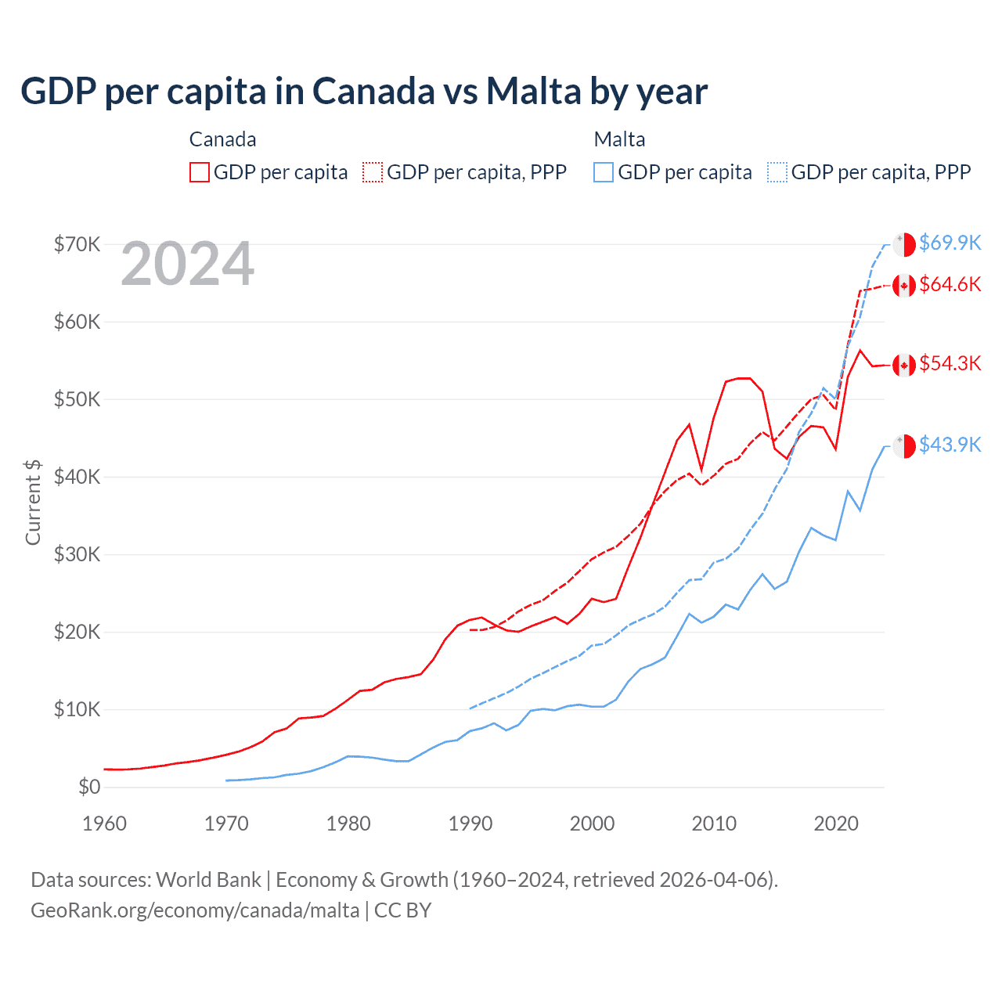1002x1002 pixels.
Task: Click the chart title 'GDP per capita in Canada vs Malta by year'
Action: (x=364, y=92)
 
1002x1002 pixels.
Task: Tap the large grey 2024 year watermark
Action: (x=188, y=265)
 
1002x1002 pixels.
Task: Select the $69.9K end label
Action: (x=950, y=243)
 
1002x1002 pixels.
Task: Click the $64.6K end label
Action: (x=950, y=284)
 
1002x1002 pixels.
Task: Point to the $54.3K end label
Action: (x=950, y=363)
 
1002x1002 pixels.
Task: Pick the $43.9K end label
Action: (x=950, y=445)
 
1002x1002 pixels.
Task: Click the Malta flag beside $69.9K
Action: (x=904, y=244)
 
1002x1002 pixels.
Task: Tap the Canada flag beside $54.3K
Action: (x=904, y=365)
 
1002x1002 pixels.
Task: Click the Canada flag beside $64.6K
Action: (x=904, y=286)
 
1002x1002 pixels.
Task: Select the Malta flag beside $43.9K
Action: (x=904, y=445)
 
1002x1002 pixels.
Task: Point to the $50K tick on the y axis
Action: (x=77, y=399)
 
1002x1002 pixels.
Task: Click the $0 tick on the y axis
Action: (x=89, y=787)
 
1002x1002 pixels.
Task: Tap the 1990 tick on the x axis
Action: (x=470, y=824)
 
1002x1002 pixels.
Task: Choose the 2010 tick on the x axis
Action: (x=714, y=824)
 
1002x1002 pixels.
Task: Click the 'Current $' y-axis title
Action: (x=33, y=503)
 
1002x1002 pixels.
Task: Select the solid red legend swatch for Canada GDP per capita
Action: (x=200, y=172)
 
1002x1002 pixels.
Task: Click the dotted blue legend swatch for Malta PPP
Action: (x=777, y=172)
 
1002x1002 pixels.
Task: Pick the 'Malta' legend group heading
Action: (x=619, y=139)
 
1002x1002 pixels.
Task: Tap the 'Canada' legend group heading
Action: (x=222, y=139)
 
